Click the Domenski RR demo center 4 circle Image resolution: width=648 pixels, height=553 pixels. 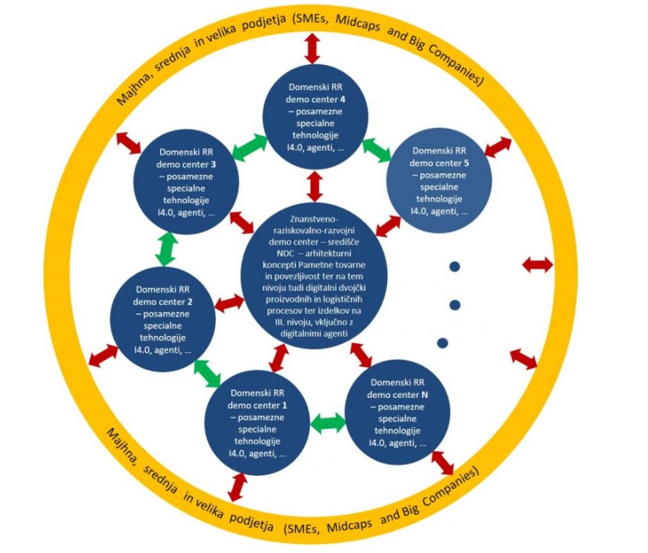pos(316,117)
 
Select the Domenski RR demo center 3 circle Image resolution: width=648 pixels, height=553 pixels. pos(186,182)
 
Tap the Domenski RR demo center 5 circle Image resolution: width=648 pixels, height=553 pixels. pos(439,181)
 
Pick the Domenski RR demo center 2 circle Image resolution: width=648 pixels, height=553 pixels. pos(163,319)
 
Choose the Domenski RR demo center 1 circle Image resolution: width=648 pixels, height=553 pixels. pos(257,422)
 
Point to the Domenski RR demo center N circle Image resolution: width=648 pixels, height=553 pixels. pos(397,412)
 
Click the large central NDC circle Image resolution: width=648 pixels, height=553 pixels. pos(314,276)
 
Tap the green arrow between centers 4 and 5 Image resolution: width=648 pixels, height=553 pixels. pos(376,150)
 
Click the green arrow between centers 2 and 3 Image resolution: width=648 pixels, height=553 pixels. pos(166,249)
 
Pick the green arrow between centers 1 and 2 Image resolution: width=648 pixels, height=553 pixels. pos(208,374)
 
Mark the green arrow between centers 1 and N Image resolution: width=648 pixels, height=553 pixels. pos(328,422)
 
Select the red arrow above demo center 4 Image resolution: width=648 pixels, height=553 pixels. pos(312,48)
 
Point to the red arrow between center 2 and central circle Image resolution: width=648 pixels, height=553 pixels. pos(230,303)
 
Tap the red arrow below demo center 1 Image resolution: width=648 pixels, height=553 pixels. pos(237,487)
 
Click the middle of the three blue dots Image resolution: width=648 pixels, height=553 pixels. pos(455,305)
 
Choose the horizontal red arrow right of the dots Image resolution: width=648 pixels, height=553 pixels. pos(537,265)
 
